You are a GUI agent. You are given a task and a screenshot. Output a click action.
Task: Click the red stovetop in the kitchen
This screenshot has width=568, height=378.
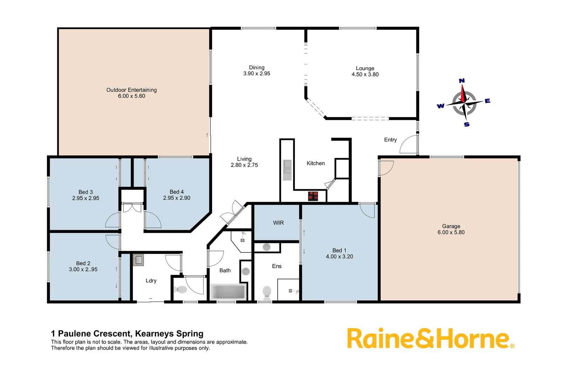313,196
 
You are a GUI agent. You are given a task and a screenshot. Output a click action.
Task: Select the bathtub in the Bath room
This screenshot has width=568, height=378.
228,292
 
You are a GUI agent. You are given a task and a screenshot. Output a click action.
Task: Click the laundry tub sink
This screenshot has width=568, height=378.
138,260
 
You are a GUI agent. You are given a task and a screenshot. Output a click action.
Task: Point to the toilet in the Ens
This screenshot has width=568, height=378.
267,292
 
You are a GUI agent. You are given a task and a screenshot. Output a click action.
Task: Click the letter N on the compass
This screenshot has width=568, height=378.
462,81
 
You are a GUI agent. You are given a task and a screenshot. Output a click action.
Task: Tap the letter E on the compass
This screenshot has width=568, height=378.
487,101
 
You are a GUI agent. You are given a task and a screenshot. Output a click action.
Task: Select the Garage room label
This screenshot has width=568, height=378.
451,226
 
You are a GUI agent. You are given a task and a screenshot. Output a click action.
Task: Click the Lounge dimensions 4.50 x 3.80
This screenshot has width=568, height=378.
365,75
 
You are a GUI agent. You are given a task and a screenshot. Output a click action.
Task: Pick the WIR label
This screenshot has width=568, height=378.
278,223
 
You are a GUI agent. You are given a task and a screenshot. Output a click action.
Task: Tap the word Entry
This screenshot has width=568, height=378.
390,140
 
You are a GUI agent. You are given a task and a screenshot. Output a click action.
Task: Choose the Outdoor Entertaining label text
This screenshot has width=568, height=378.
131,90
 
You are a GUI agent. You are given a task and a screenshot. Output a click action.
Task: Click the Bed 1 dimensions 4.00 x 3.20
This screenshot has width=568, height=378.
339,257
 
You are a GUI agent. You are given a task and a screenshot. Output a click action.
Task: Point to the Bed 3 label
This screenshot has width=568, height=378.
86,192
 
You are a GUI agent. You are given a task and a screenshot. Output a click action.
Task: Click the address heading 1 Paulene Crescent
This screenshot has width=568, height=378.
127,334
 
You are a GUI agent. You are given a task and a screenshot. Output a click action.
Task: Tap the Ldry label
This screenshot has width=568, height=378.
151,281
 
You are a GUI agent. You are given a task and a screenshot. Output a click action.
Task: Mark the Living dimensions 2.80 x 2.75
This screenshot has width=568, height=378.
244,165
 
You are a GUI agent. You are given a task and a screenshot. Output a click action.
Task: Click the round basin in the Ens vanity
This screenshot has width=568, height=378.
267,247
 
